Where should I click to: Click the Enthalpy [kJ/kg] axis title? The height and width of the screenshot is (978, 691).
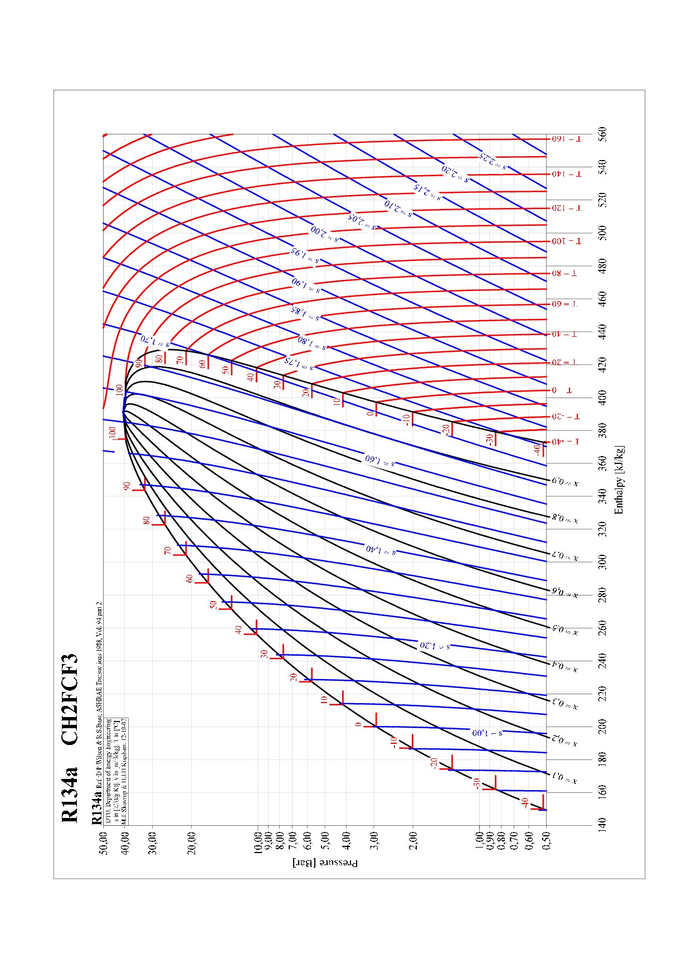coord(619,480)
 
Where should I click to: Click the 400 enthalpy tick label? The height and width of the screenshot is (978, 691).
coord(602,398)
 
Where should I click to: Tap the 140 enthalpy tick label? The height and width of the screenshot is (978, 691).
coord(602,824)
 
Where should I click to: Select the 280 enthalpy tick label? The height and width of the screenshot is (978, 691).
coord(602,595)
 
